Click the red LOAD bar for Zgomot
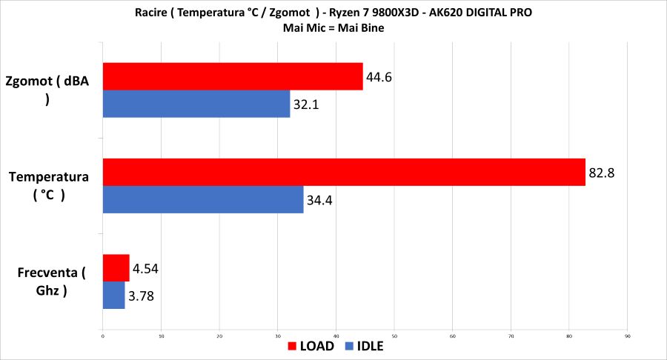pyautogui.click(x=233, y=76)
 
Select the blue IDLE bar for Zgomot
pyautogui.click(x=196, y=104)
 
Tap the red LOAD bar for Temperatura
pyautogui.click(x=344, y=172)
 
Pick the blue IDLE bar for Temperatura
pyautogui.click(x=203, y=199)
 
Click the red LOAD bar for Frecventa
pyautogui.click(x=116, y=267)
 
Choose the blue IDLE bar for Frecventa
pyautogui.click(x=113, y=295)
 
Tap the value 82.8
pyautogui.click(x=603, y=173)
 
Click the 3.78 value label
pyautogui.click(x=142, y=296)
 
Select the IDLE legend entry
pyautogui.click(x=363, y=345)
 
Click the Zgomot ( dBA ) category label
pyautogui.click(x=47, y=90)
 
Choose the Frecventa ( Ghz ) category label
pyautogui.click(x=51, y=282)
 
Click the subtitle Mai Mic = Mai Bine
pyautogui.click(x=333, y=28)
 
